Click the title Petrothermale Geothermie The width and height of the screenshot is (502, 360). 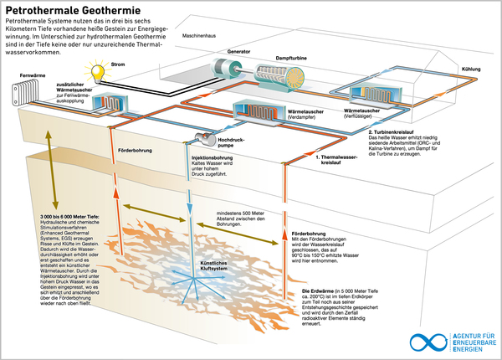click(73, 10)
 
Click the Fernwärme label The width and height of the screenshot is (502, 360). click(31, 75)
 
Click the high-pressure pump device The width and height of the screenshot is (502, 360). click(202, 138)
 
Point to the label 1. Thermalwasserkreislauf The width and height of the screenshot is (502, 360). click(338, 158)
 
